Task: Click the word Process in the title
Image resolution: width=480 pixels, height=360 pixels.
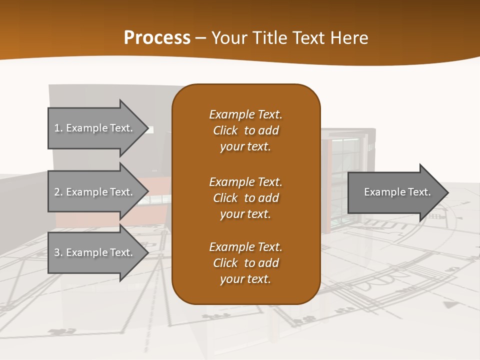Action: click(x=157, y=38)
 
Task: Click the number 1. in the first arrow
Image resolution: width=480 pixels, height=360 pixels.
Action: click(x=58, y=128)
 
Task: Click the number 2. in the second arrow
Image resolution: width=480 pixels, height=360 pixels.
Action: click(x=58, y=192)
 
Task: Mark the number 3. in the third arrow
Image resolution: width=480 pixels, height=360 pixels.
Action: click(x=58, y=252)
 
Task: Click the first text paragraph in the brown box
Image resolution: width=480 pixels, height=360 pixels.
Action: click(x=245, y=130)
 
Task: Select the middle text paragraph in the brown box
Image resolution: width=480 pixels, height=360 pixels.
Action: click(x=245, y=197)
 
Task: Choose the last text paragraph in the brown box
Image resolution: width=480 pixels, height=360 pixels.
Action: click(x=245, y=263)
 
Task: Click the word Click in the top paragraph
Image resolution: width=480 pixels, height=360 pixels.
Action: click(x=225, y=130)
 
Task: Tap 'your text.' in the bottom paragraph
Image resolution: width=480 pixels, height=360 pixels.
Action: click(x=245, y=279)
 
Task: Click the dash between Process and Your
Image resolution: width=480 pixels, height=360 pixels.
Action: click(x=201, y=38)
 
